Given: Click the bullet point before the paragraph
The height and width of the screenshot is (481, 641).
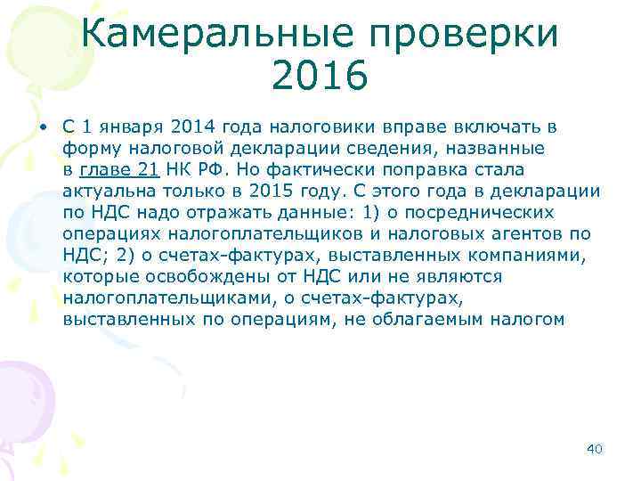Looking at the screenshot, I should (x=42, y=127).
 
